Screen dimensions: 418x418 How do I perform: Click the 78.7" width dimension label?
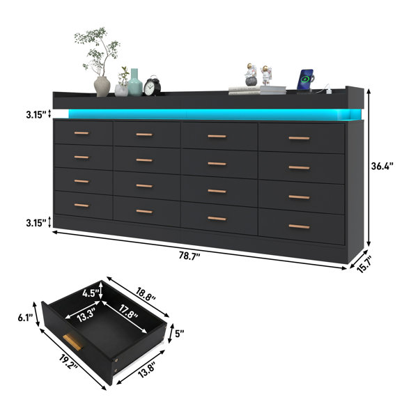(x=189, y=256)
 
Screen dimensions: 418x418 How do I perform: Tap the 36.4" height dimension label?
(x=382, y=167)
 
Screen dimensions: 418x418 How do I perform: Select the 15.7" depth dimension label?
(x=364, y=264)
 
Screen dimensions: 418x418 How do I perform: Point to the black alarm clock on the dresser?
(x=152, y=86)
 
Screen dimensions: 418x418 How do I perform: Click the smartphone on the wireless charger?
(x=305, y=79)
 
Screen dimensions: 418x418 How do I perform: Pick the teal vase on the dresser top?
(x=135, y=82)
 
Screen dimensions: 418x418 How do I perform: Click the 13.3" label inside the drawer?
(x=86, y=316)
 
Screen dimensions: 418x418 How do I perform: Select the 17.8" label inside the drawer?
(x=128, y=312)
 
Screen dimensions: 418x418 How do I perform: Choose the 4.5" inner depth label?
(x=91, y=293)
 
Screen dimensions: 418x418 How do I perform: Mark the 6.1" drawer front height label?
(x=25, y=318)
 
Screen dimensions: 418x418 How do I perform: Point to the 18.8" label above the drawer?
(x=146, y=294)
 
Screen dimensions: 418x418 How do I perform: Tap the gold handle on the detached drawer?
(x=72, y=342)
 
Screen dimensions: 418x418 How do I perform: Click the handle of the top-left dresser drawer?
(x=82, y=133)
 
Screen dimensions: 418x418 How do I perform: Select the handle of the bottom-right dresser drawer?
(x=299, y=226)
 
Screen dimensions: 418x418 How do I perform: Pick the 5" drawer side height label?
(x=180, y=334)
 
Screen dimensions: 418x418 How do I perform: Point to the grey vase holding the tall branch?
(x=102, y=86)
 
